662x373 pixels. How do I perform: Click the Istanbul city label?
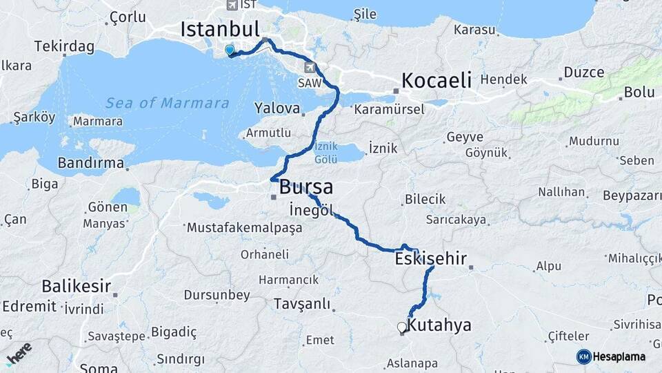click(x=219, y=29)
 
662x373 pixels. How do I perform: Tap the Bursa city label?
click(x=305, y=187)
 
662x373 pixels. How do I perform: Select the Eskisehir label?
click(x=431, y=260)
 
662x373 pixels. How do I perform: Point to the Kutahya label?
click(x=439, y=325)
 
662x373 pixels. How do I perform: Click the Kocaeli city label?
click(x=437, y=80)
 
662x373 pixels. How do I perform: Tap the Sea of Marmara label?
click(x=168, y=104)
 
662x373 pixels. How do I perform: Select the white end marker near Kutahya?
click(x=401, y=327)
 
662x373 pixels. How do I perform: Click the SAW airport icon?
click(x=311, y=68)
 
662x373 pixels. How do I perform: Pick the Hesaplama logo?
click(x=611, y=356)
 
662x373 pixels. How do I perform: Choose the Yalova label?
click(x=277, y=108)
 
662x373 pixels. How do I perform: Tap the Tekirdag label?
click(x=64, y=46)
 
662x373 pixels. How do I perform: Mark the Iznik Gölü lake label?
click(x=325, y=153)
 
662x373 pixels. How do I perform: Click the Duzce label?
click(x=583, y=72)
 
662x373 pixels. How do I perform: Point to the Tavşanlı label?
click(x=301, y=304)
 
